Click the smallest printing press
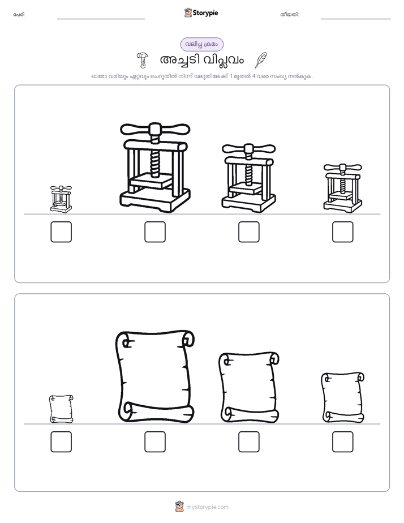pyautogui.click(x=61, y=199)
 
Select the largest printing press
pyautogui.click(x=155, y=168)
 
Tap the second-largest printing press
pyautogui.click(x=248, y=178)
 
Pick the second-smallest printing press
pyautogui.click(x=343, y=188)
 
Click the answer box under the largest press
pyautogui.click(x=155, y=232)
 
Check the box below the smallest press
pyautogui.click(x=61, y=232)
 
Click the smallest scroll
pyautogui.click(x=61, y=409)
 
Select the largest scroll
pyautogui.click(x=155, y=376)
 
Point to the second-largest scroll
pyautogui.click(x=249, y=387)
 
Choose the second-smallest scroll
pyautogui.click(x=343, y=397)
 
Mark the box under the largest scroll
pyautogui.click(x=155, y=442)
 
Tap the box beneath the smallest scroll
pyautogui.click(x=61, y=442)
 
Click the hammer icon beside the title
pyautogui.click(x=143, y=60)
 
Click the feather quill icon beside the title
pyautogui.click(x=261, y=60)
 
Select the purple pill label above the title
pyautogui.click(x=202, y=44)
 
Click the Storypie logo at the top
pyautogui.click(x=201, y=12)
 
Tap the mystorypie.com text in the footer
pyautogui.click(x=207, y=507)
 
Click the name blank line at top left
pyautogui.click(x=101, y=19)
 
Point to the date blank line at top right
pyautogui.click(x=356, y=19)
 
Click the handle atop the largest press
pyautogui.click(x=155, y=128)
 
